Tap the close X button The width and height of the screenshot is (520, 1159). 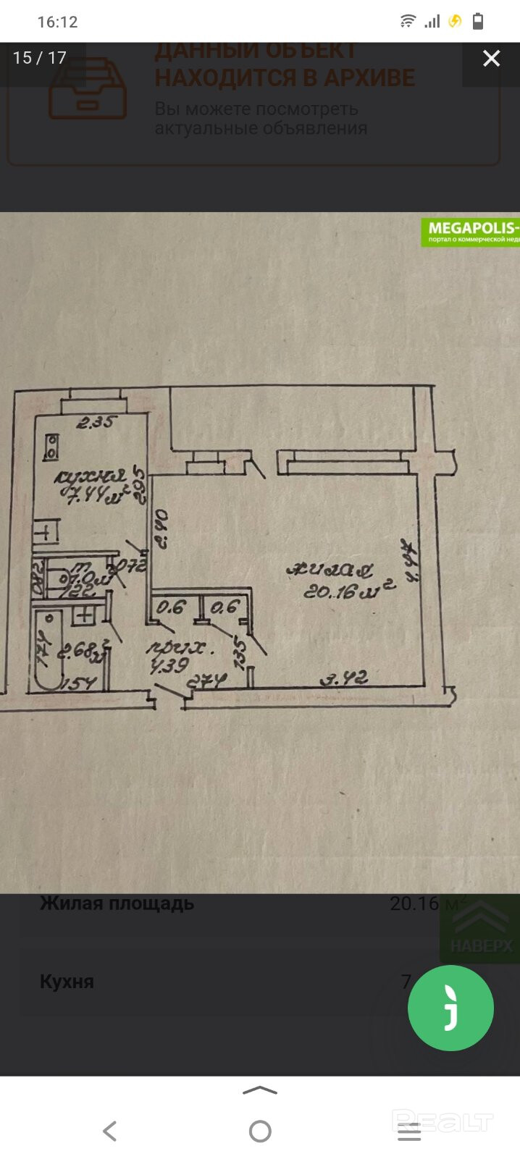(491, 59)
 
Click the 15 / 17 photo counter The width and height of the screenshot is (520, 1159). (40, 58)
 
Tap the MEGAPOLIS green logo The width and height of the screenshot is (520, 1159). (471, 232)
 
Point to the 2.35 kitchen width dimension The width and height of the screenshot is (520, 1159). (95, 422)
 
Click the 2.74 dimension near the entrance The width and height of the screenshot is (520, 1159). (208, 681)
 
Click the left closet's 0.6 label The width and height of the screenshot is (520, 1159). (172, 607)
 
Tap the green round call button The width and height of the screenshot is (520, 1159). (450, 1008)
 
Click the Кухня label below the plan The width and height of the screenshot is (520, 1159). (67, 982)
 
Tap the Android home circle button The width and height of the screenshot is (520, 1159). (260, 1131)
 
